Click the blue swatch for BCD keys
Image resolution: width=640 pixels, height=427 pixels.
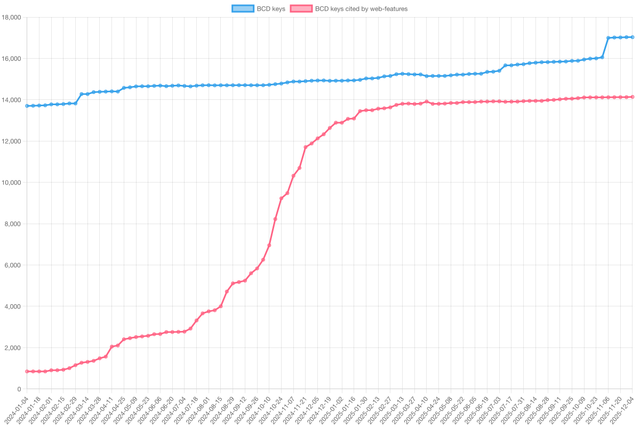pos(243,9)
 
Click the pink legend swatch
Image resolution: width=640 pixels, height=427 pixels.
pos(301,9)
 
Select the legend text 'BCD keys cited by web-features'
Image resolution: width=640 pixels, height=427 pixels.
pos(361,9)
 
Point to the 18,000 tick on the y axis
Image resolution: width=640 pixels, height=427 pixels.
pos(11,18)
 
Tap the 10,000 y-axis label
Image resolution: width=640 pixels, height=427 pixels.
pos(11,183)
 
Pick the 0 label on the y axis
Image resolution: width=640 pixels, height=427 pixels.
pos(19,389)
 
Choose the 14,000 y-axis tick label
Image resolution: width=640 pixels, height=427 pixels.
pos(11,100)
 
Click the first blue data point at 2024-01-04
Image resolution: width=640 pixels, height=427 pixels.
pos(27,106)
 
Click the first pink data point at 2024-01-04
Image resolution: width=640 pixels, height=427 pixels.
pos(27,371)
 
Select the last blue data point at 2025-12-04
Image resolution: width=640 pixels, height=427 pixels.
pos(633,37)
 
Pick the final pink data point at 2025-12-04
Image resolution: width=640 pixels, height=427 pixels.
pos(633,97)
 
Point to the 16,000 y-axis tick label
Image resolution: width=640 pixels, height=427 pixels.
pos(11,59)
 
